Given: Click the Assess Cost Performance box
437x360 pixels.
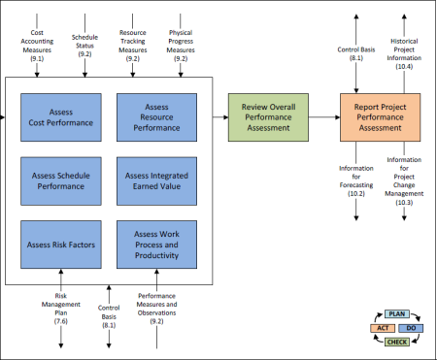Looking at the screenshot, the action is click(x=61, y=117).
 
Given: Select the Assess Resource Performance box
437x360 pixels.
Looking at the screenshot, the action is click(x=156, y=117).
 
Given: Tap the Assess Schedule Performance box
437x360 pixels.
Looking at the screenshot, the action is click(x=61, y=181).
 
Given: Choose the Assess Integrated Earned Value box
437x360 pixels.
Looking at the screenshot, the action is click(x=156, y=181).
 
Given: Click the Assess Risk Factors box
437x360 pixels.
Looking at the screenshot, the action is click(x=61, y=245).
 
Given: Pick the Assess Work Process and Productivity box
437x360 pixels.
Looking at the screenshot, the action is click(x=156, y=245).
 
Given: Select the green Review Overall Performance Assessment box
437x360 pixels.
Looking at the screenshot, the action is click(x=268, y=117).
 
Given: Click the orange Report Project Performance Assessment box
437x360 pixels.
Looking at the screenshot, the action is click(x=381, y=117).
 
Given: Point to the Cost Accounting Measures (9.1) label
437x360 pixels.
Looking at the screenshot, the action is click(x=37, y=46).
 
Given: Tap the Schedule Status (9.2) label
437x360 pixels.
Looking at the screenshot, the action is click(x=84, y=46).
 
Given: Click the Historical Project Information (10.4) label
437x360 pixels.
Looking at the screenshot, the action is click(x=404, y=53).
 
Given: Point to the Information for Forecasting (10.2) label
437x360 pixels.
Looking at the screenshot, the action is click(x=356, y=180).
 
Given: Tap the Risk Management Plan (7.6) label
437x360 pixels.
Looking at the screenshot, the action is click(x=61, y=309).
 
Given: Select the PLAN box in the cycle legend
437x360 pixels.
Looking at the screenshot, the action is click(x=397, y=314).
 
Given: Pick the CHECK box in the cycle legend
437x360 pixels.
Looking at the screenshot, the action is click(x=397, y=342).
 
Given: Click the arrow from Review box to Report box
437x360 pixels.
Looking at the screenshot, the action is click(x=324, y=117).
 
